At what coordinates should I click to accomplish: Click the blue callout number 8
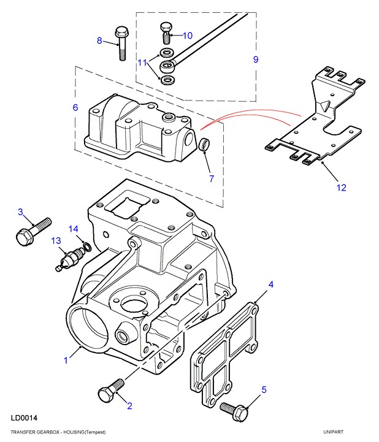tap(99, 40)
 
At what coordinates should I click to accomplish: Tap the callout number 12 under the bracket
tap(342, 188)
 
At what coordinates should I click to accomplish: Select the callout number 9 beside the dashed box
tap(256, 59)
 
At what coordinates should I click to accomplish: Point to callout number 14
tap(74, 229)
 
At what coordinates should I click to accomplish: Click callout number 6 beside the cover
tap(75, 107)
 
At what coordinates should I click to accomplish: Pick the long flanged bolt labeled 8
tap(121, 43)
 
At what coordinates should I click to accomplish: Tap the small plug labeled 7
tap(204, 144)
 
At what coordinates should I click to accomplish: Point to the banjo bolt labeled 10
tap(166, 33)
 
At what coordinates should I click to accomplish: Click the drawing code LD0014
tap(24, 418)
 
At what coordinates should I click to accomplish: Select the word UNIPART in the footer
tap(334, 432)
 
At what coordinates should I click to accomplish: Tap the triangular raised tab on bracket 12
tap(324, 105)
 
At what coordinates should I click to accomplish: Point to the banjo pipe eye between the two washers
tap(167, 67)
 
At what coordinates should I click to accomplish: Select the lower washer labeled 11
tap(167, 80)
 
